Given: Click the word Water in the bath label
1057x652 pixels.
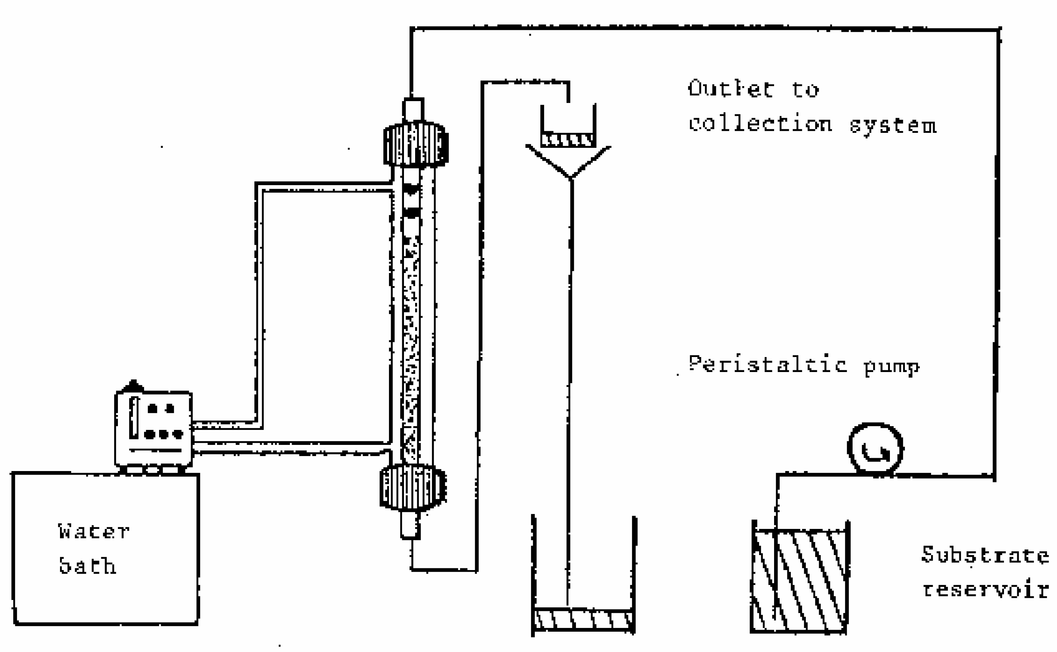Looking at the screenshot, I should pos(93,532).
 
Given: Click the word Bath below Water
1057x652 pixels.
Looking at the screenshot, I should pos(88,566).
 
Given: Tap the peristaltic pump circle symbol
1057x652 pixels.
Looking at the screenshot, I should pos(875,449).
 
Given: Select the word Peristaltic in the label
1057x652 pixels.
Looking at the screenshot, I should pos(767,365).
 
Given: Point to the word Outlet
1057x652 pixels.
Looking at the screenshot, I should pos(731,89).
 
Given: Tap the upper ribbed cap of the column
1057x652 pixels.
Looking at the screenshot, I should pos(415,144).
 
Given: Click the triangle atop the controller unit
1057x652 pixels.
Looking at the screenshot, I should pos(133,386).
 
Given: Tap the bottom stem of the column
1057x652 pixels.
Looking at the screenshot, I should pos(410,524).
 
